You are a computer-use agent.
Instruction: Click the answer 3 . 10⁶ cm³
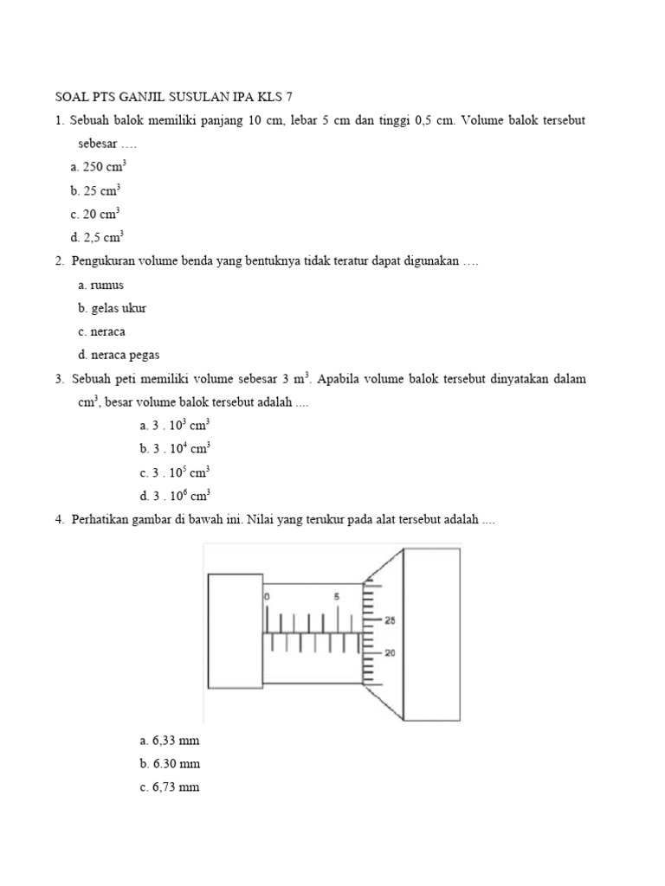click(x=174, y=496)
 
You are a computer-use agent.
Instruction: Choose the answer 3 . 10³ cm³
click(x=174, y=425)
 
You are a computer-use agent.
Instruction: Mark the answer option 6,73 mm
click(x=169, y=787)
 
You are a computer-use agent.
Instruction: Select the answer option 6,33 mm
click(x=169, y=741)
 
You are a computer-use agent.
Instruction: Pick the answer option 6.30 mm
click(x=169, y=764)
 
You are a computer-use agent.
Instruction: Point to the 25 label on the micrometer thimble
click(x=391, y=620)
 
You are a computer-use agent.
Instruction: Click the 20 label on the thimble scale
click(x=391, y=653)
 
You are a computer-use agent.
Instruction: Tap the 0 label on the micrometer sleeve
click(x=268, y=597)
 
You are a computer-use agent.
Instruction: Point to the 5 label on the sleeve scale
click(x=336, y=597)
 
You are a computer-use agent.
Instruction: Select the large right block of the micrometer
click(x=430, y=634)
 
